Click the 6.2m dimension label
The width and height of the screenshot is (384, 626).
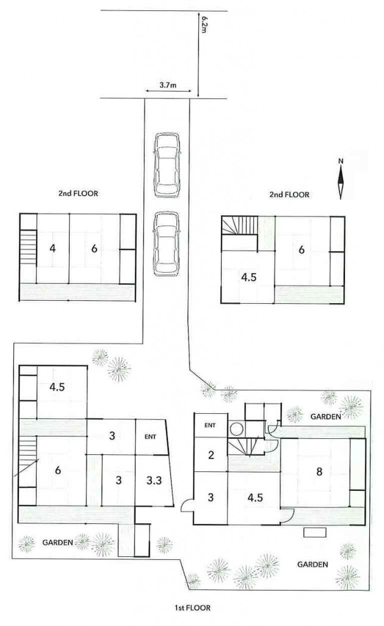[204, 24]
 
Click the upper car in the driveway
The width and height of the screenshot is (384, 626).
[167, 164]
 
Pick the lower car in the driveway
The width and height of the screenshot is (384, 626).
[167, 243]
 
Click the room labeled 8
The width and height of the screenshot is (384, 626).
[319, 471]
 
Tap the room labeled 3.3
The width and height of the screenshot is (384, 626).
[154, 481]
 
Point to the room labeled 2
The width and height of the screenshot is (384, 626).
[211, 455]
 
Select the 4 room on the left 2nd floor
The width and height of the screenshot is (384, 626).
[53, 249]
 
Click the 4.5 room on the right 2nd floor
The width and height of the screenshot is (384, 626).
[248, 277]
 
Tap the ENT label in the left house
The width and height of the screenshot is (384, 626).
[150, 436]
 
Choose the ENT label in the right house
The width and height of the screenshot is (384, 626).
[210, 425]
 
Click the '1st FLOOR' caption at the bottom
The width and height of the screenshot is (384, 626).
[192, 608]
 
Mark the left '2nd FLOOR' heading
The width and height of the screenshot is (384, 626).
[78, 194]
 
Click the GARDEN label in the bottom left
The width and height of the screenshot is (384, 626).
[58, 543]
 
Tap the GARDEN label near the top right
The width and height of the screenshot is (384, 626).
[326, 417]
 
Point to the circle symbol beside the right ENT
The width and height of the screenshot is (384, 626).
[237, 430]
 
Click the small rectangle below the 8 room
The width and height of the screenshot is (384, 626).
[315, 532]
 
